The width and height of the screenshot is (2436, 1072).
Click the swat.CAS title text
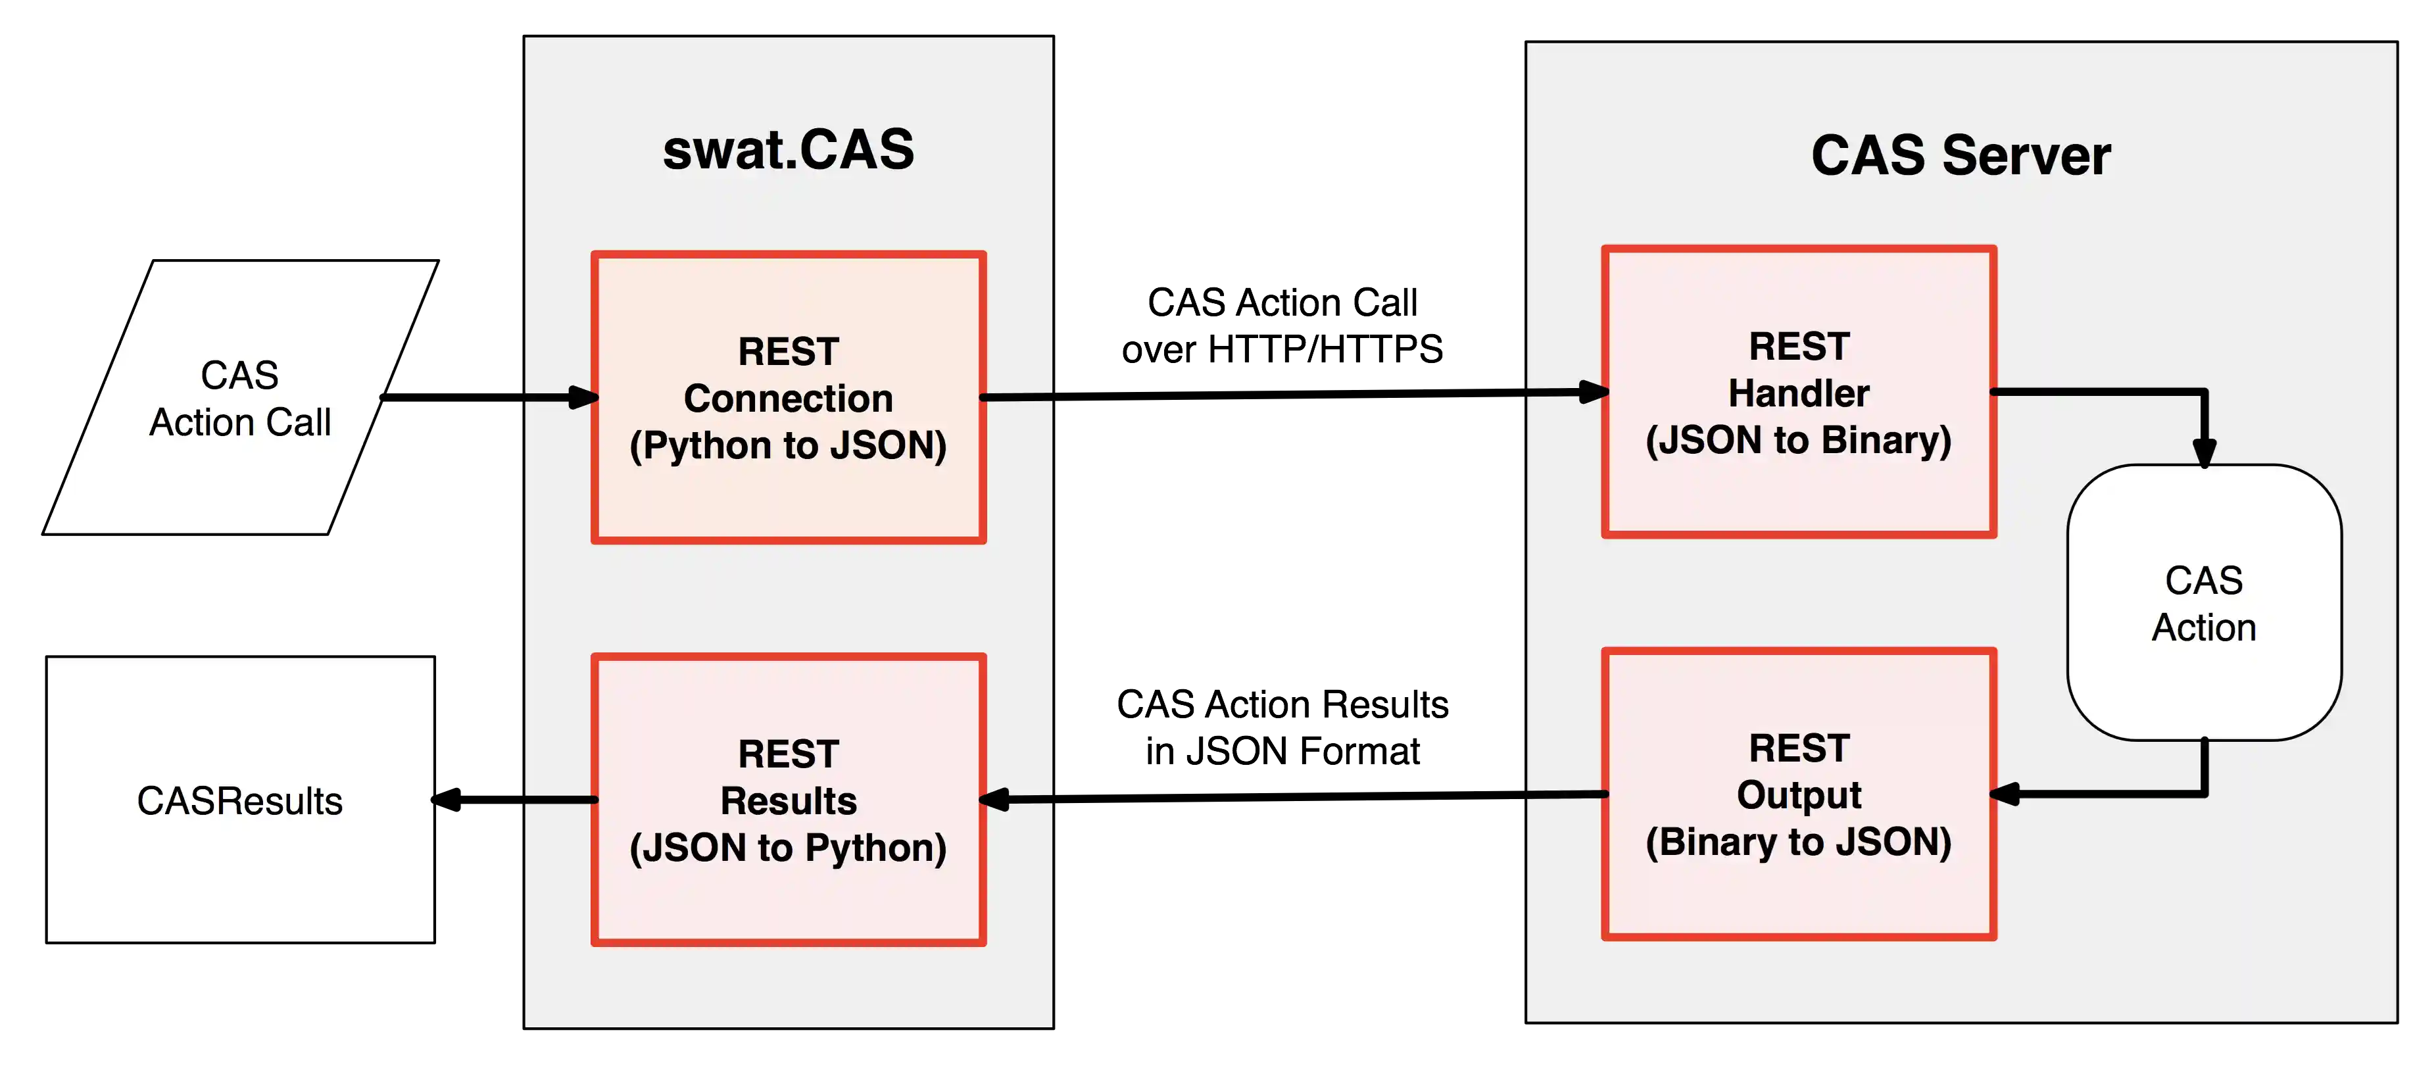pyautogui.click(x=788, y=151)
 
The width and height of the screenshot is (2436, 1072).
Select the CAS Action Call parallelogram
pyautogui.click(x=240, y=398)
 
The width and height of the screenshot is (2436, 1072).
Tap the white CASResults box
pyautogui.click(x=240, y=800)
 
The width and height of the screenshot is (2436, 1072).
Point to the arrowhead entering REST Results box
pyautogui.click(x=996, y=800)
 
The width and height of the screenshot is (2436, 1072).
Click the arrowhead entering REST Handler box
pyautogui.click(x=1594, y=391)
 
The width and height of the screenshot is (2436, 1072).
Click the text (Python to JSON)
pyautogui.click(x=788, y=445)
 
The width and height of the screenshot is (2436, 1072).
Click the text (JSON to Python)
pyautogui.click(x=788, y=848)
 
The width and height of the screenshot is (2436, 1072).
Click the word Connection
pyautogui.click(x=788, y=398)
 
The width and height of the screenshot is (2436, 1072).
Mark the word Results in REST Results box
pyautogui.click(x=788, y=800)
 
